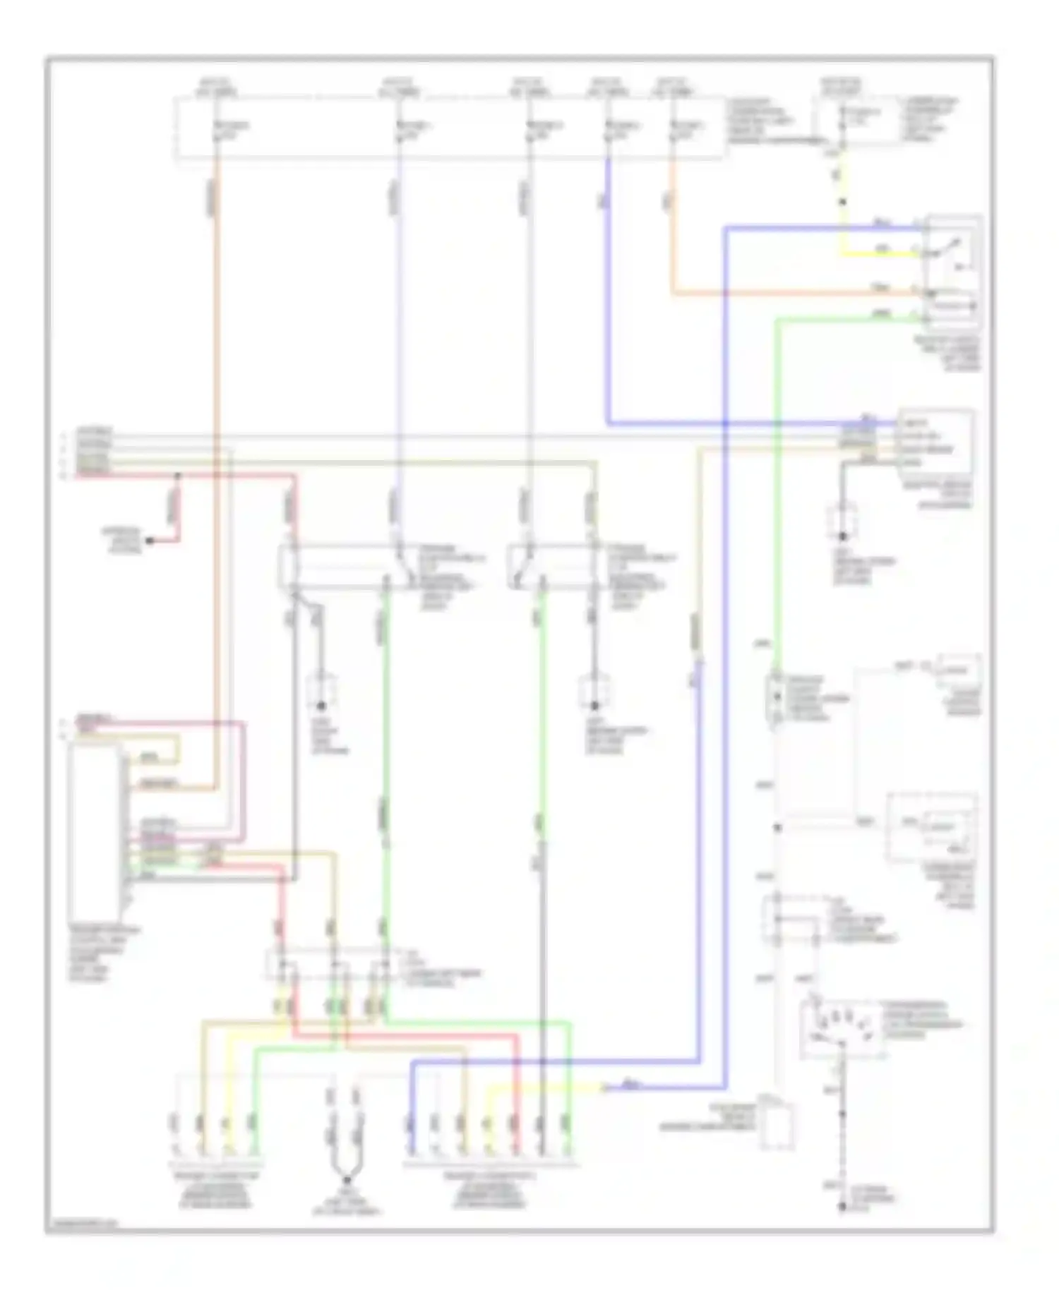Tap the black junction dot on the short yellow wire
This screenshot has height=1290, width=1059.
tap(842, 203)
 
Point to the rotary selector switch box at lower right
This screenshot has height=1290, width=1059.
tap(842, 1030)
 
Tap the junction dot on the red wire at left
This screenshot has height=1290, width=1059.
tap(178, 476)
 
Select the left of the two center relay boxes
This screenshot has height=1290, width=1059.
tap(346, 567)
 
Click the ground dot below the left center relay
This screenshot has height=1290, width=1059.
tap(321, 705)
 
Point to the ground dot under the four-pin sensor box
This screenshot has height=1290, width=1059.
tap(842, 536)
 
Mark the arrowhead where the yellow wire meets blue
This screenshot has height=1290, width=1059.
tap(604, 1088)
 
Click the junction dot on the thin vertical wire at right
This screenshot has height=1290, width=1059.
tap(777, 828)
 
